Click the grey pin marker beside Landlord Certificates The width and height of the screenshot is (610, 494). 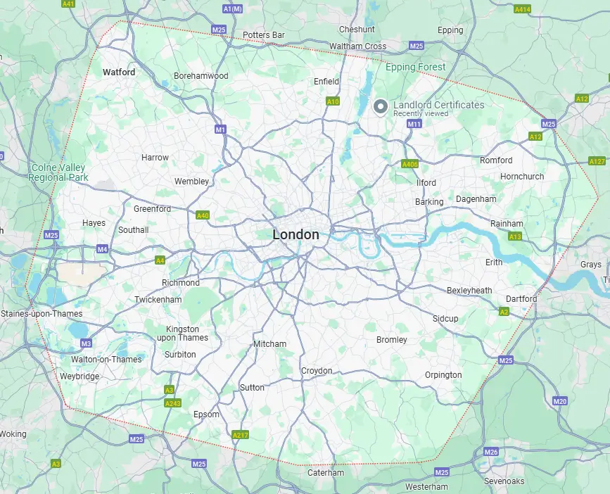[x=381, y=107]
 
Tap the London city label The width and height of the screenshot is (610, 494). [x=296, y=235]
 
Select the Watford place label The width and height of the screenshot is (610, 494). [x=119, y=72]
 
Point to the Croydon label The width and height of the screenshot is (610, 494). [x=317, y=371]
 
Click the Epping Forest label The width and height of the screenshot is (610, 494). [x=415, y=68]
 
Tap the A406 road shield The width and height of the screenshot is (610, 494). [x=409, y=164]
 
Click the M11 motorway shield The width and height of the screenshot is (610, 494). [x=414, y=124]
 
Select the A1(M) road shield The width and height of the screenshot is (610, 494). [x=231, y=8]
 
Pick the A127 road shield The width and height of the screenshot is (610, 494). [x=597, y=161]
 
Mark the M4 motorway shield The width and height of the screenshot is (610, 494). [x=102, y=249]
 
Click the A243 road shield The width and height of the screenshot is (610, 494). [x=172, y=403]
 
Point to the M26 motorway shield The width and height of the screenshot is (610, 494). [x=491, y=452]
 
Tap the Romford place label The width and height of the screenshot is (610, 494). [x=496, y=160]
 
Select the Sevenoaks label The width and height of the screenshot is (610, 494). [x=504, y=481]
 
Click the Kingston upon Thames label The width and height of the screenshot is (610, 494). [x=182, y=334]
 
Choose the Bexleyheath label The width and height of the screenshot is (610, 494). [x=469, y=290]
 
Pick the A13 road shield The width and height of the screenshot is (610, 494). [x=514, y=237]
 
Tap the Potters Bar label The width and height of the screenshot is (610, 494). [x=263, y=34]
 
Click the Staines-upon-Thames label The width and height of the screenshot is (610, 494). [x=42, y=314]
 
